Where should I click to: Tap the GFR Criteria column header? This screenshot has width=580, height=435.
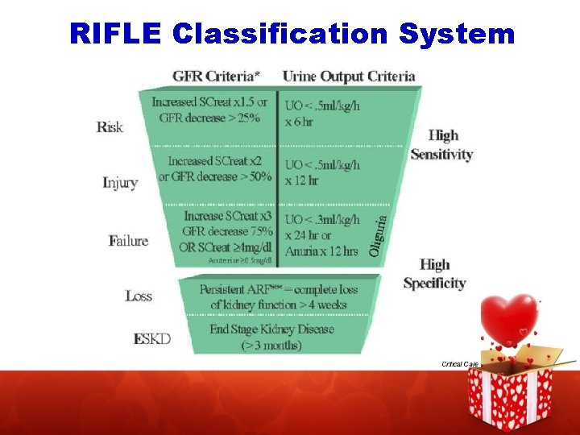pyautogui.click(x=216, y=77)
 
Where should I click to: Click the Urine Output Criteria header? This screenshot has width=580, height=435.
pyautogui.click(x=349, y=77)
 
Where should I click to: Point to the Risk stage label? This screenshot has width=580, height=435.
pyautogui.click(x=110, y=126)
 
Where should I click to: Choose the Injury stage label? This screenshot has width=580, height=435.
pyautogui.click(x=120, y=182)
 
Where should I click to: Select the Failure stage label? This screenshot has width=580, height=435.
pyautogui.click(x=128, y=240)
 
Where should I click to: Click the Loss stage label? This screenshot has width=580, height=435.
pyautogui.click(x=139, y=296)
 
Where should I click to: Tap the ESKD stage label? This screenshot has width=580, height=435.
pyautogui.click(x=152, y=338)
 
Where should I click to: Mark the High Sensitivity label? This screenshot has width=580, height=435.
pyautogui.click(x=441, y=145)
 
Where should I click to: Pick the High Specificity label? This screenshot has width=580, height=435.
pyautogui.click(x=434, y=274)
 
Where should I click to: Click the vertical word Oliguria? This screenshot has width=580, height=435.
pyautogui.click(x=384, y=233)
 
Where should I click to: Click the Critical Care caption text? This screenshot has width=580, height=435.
pyautogui.click(x=460, y=364)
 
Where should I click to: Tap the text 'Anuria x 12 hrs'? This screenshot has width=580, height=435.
pyautogui.click(x=321, y=251)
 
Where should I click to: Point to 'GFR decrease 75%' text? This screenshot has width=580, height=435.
pyautogui.click(x=228, y=231)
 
